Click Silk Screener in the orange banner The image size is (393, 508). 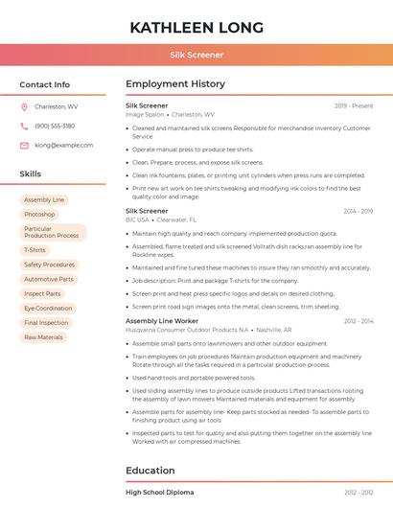point(196,55)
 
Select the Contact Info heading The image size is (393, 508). point(45,84)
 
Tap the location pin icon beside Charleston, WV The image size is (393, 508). point(24,106)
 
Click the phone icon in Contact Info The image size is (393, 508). point(24,126)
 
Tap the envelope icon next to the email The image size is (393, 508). point(24,145)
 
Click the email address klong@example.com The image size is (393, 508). point(64,145)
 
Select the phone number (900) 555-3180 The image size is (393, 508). point(55,126)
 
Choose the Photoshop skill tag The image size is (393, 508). point(40,214)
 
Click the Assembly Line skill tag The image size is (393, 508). point(44,199)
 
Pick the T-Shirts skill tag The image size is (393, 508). point(35,250)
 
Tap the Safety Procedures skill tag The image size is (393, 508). point(50,265)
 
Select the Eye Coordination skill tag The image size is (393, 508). point(48,309)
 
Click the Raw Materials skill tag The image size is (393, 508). point(44,337)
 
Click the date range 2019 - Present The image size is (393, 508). point(354,105)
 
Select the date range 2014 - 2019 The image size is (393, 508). point(358,211)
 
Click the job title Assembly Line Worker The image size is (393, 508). point(162,320)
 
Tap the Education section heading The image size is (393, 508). point(150,471)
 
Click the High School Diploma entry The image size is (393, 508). point(159,492)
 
